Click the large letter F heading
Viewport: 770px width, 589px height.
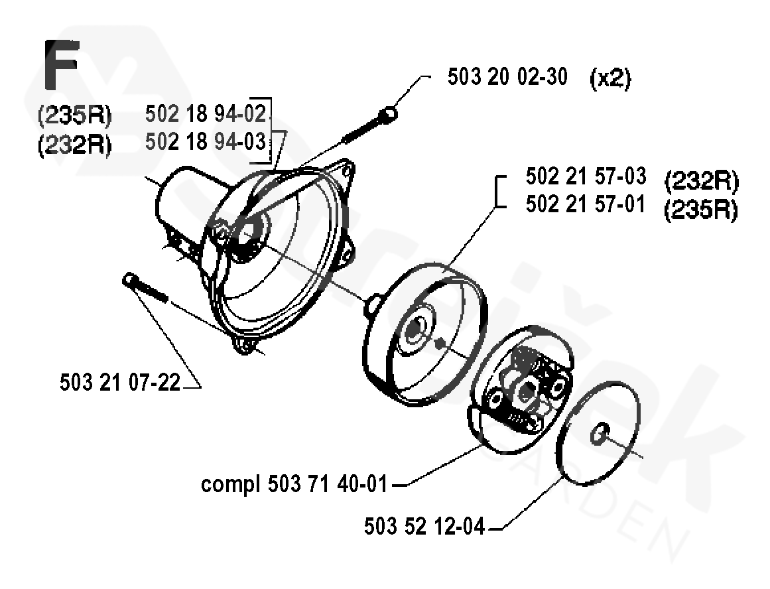(62, 66)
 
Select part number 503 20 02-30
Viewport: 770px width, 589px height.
(507, 77)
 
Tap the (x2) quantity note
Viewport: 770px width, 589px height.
(610, 79)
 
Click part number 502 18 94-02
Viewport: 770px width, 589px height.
(206, 115)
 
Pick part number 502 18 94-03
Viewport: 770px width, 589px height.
(206, 142)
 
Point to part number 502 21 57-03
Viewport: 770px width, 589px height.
(585, 176)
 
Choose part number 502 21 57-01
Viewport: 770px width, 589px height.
(585, 204)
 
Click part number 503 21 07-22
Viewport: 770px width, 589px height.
(120, 383)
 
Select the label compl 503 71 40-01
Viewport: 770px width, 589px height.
(294, 484)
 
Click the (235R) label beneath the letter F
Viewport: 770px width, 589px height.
(75, 117)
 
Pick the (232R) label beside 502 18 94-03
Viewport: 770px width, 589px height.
(75, 145)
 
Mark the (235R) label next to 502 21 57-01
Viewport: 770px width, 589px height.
(701, 210)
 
